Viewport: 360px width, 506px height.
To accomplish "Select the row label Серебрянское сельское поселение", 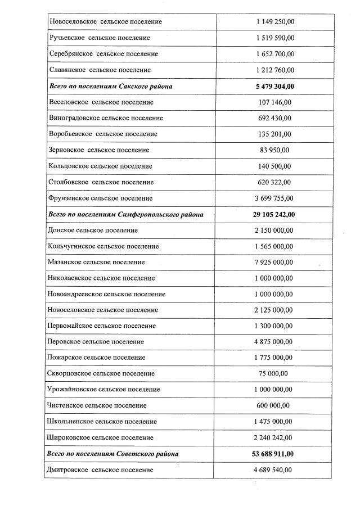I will [x=103, y=54].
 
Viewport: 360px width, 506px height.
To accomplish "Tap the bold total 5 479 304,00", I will [x=274, y=86].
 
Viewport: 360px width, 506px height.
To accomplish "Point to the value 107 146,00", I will [x=276, y=102].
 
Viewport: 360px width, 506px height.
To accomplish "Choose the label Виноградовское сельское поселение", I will [x=106, y=118].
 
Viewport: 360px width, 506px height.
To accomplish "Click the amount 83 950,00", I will [x=276, y=150].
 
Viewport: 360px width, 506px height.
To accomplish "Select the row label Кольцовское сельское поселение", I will [x=101, y=166].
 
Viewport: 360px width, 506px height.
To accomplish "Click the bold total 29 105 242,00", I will [x=274, y=214].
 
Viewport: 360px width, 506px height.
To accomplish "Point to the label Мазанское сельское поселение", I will [x=97, y=262].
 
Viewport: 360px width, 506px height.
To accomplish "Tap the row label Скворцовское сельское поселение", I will [x=102, y=373].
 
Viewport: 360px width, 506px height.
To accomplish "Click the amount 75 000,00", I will [x=276, y=373].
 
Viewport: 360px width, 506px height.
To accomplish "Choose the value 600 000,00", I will [x=276, y=405].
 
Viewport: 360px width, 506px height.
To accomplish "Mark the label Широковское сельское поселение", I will [x=101, y=437].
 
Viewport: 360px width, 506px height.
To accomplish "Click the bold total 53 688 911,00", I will [x=274, y=453].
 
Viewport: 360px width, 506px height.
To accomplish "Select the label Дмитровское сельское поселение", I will [x=101, y=469].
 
